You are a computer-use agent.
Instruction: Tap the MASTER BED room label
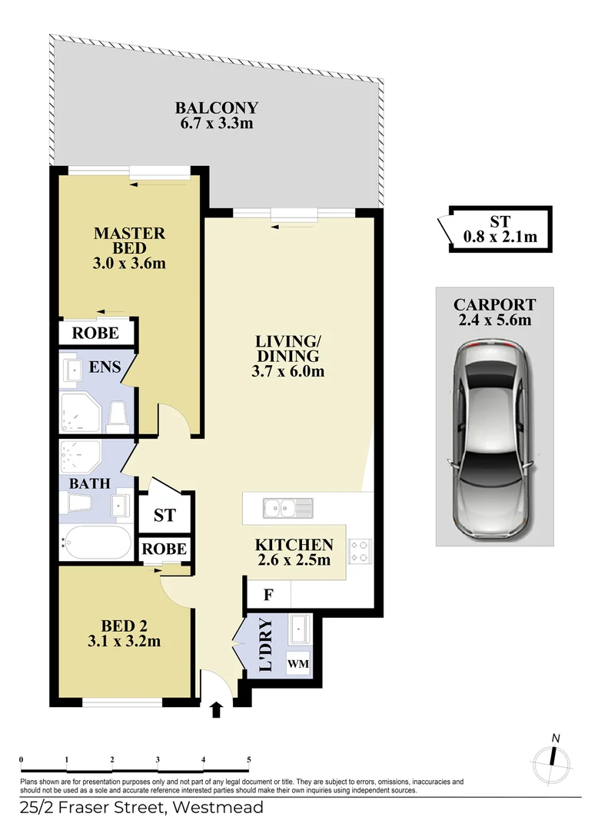129,247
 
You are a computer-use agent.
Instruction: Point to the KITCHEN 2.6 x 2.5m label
294,552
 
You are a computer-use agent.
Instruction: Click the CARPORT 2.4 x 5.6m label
493,311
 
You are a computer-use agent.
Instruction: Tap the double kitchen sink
287,507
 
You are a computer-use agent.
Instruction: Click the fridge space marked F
268,594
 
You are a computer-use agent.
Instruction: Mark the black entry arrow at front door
217,709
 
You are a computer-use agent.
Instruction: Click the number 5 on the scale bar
248,759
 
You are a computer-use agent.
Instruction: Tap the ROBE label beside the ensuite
96,333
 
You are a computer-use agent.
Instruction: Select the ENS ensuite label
105,367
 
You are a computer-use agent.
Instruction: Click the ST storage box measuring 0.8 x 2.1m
500,229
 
